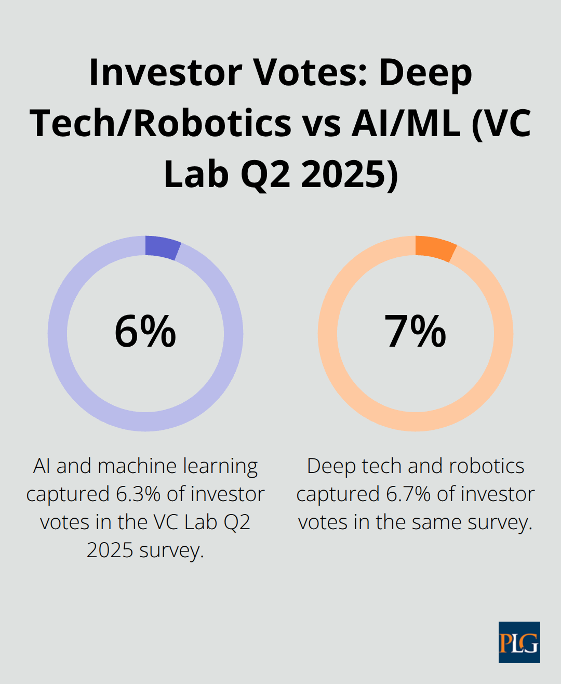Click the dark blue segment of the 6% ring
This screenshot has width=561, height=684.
(162, 247)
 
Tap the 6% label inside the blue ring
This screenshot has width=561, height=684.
(145, 332)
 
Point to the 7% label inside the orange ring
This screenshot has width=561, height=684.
(415, 332)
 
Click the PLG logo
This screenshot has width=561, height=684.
(519, 642)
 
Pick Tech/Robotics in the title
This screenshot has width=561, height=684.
(161, 124)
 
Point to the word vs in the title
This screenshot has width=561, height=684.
(322, 124)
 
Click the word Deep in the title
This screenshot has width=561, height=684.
(425, 72)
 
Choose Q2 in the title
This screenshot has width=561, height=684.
(265, 174)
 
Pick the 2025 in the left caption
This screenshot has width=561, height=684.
(110, 550)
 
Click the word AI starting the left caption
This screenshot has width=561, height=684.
(42, 466)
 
